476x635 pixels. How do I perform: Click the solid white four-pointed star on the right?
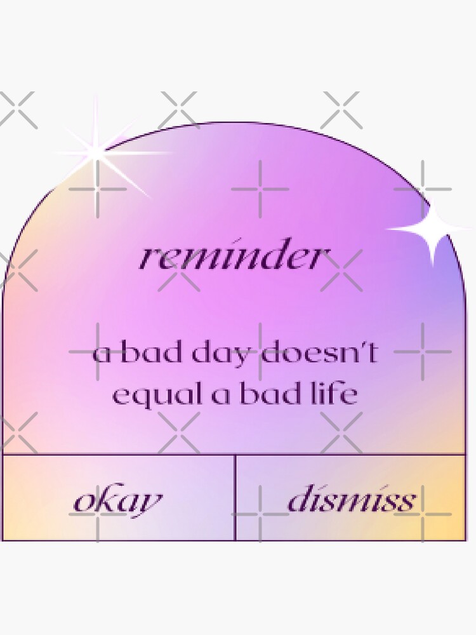tap(432, 228)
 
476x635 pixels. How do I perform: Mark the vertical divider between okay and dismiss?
tap(235, 497)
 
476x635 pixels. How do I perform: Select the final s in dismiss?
tap(407, 501)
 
